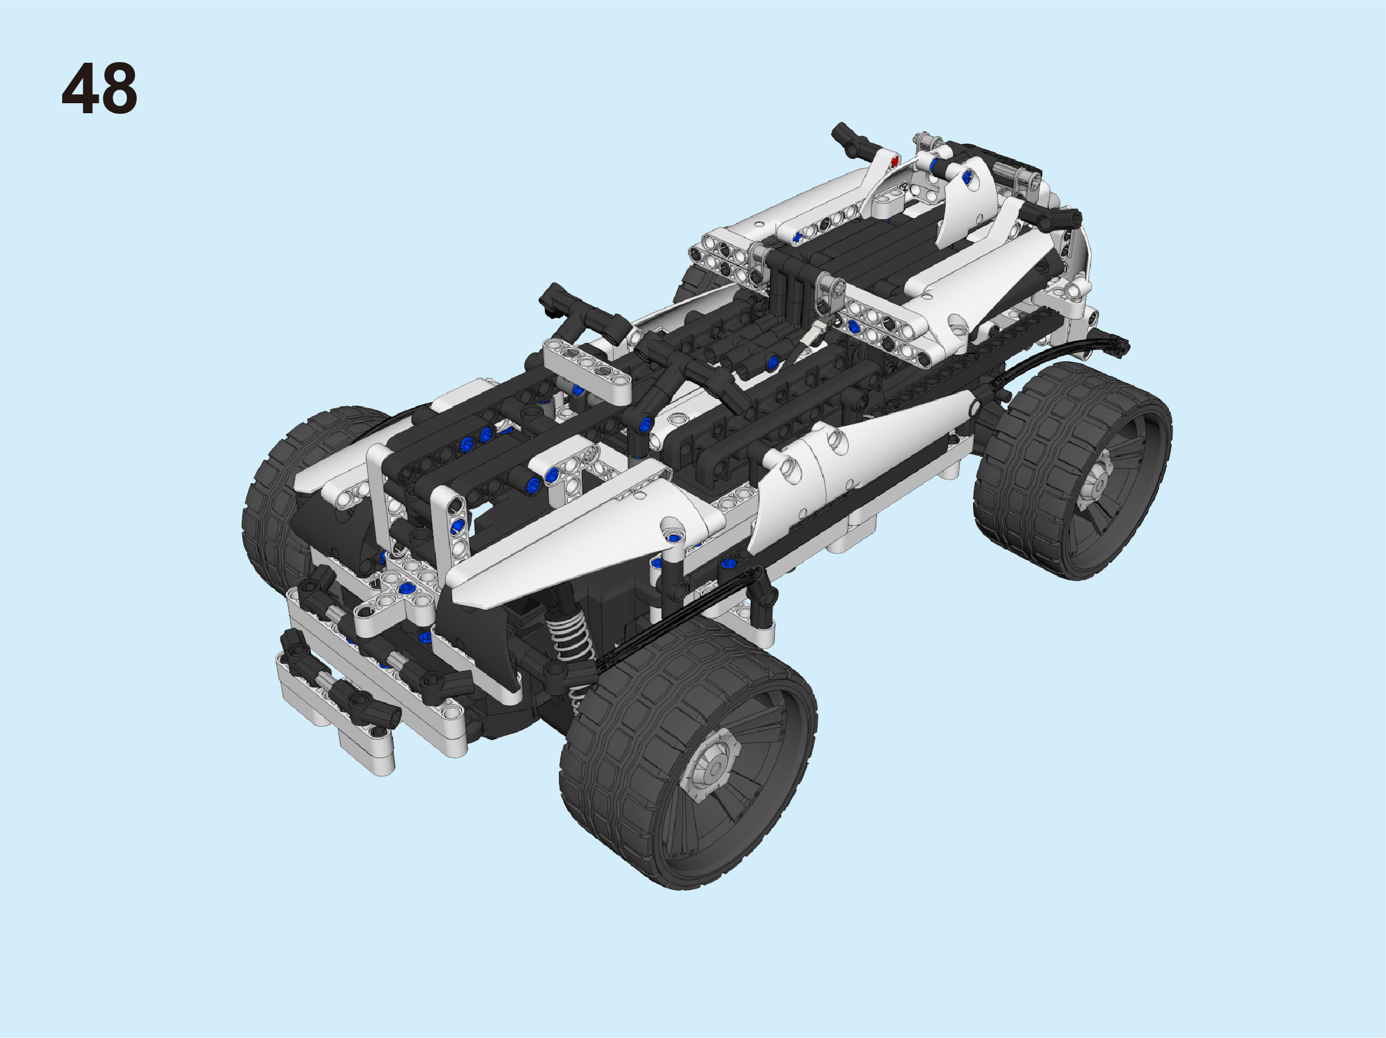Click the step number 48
tap(99, 89)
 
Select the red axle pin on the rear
tap(894, 162)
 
